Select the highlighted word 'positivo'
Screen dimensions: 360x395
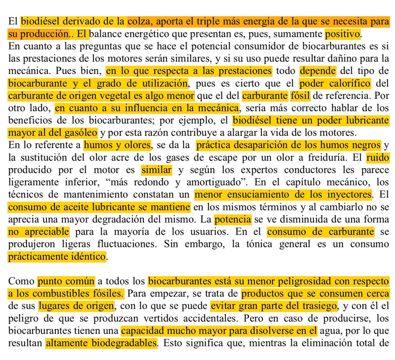(x=342, y=34)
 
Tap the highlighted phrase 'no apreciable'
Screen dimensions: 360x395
(x=39, y=231)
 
